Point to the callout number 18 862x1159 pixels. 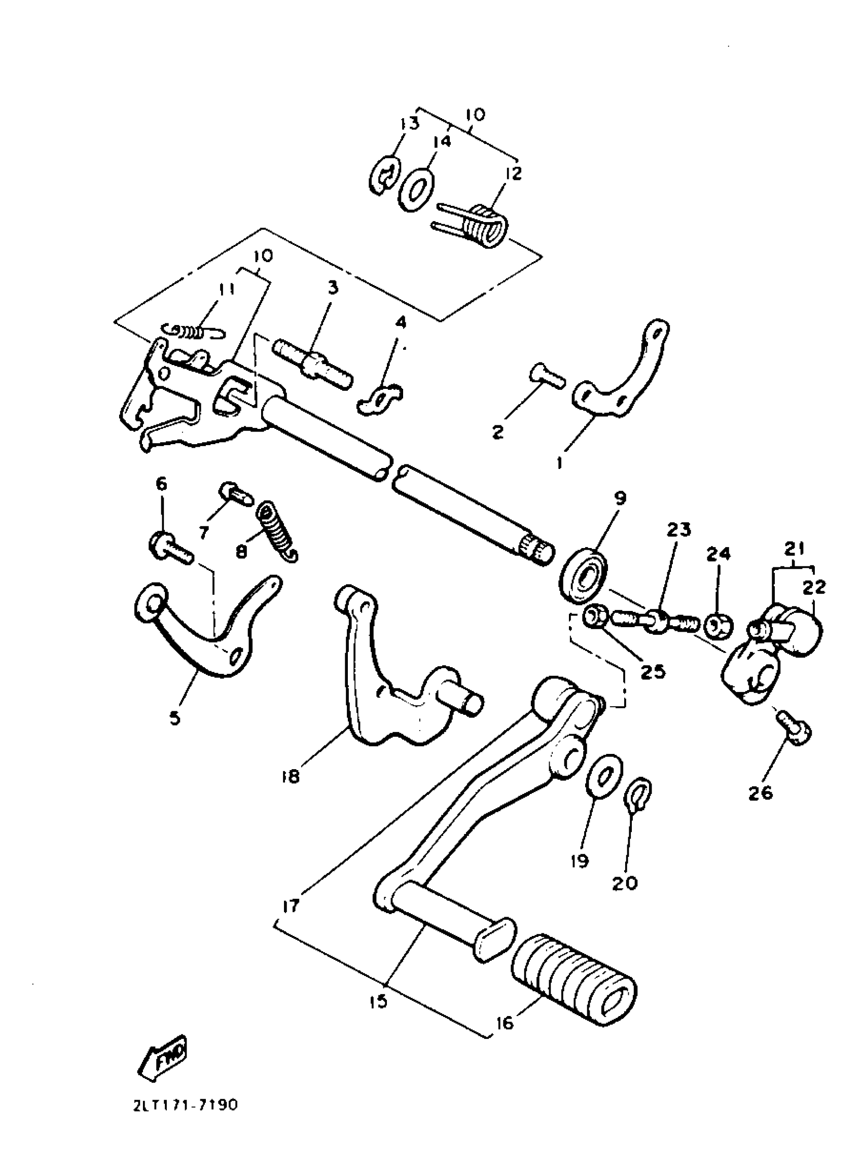(x=291, y=791)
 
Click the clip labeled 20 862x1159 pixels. (x=638, y=797)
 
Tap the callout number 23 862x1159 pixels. (x=678, y=529)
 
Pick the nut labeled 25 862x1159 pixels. (x=595, y=617)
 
